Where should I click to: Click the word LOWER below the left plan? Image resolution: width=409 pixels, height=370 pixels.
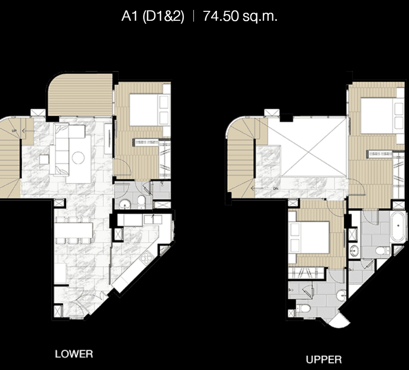(74, 354)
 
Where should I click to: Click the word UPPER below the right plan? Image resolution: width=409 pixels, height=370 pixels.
(324, 360)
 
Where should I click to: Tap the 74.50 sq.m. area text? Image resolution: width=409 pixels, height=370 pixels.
(240, 16)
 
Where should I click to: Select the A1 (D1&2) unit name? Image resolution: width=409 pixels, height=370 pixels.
(153, 16)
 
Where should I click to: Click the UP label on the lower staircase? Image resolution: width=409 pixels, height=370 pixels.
(14, 131)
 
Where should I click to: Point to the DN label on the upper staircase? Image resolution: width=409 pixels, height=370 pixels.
(275, 188)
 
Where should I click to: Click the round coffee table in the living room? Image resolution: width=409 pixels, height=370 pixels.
(78, 157)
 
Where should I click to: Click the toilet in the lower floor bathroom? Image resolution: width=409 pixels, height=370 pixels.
(142, 201)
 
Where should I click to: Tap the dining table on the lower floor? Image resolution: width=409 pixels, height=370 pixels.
(74, 230)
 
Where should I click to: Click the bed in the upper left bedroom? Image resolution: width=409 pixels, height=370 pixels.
(309, 237)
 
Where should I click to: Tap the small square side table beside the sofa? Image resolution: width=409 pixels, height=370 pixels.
(44, 159)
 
